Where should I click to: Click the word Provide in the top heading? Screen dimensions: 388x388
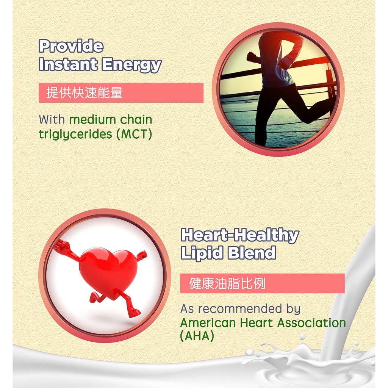(x=71, y=46)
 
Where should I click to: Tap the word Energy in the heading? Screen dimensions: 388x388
(x=131, y=65)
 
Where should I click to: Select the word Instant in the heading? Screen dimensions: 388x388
(x=68, y=64)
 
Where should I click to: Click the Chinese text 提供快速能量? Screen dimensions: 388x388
(x=84, y=93)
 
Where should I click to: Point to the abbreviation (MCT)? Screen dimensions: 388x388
(x=134, y=134)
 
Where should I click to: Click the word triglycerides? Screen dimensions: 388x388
(x=75, y=135)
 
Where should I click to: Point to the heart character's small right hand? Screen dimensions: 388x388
(x=142, y=255)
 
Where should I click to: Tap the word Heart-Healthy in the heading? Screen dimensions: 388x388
(x=240, y=235)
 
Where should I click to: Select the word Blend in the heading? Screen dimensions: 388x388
(x=252, y=253)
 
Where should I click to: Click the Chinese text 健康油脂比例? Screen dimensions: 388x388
(x=227, y=283)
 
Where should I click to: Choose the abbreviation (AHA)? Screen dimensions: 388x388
(x=197, y=336)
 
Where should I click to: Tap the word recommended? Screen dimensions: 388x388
(x=240, y=308)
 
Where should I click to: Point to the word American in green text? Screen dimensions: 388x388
(x=208, y=323)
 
